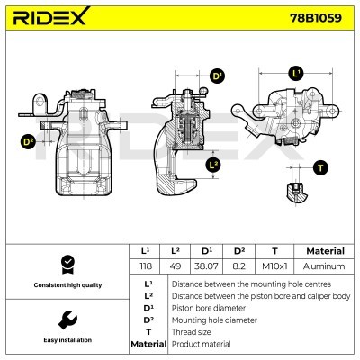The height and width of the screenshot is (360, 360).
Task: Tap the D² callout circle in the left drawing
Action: coord(27,141)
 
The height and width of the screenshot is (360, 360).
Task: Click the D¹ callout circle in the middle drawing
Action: coord(217,76)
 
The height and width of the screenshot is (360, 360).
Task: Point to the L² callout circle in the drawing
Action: coord(213,165)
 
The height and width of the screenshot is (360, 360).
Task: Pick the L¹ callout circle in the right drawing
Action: coord(296,72)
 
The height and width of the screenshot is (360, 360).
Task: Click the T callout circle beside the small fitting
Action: coord(320,168)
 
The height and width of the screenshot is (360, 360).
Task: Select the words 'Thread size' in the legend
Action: coord(190,331)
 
